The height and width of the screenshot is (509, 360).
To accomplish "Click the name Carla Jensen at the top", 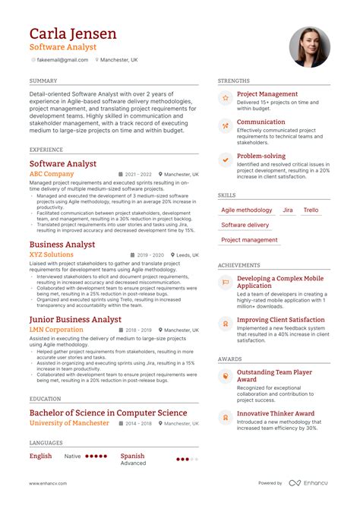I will point(73,33).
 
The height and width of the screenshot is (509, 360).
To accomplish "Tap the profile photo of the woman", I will point(310,47).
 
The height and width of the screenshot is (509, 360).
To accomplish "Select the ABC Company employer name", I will point(52,174).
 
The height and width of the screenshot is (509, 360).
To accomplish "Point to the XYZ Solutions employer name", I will point(52,255).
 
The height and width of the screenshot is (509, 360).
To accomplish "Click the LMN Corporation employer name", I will point(56,330).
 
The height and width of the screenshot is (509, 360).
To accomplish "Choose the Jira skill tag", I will point(288,210).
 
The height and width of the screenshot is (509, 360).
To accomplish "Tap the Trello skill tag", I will point(311,210).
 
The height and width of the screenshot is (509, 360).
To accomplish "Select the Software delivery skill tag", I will point(245,225).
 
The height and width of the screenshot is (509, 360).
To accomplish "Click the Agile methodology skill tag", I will point(247,210).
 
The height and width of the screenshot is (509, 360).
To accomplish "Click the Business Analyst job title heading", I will point(62,245).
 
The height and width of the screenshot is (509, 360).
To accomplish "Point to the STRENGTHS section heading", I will point(234,81).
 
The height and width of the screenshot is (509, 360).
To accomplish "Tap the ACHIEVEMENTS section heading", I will point(239,265).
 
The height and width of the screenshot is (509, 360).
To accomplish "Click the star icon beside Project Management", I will point(225,99).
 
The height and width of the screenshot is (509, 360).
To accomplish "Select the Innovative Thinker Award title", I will point(276,413).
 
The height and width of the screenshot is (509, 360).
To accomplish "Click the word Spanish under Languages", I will point(132,456).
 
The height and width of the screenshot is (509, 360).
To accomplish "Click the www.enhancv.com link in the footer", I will point(48,483).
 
